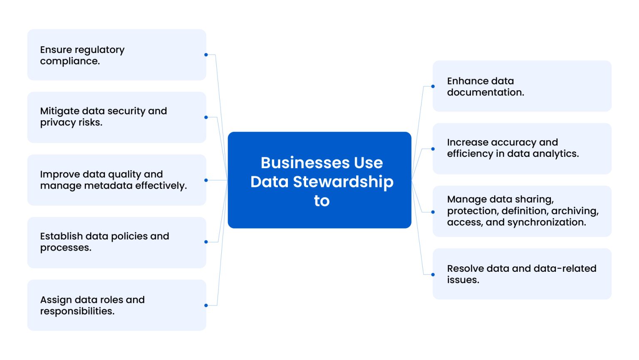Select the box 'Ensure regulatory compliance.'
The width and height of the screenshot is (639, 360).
[x=116, y=55]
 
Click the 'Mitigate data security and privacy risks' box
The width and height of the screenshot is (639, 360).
[x=116, y=117]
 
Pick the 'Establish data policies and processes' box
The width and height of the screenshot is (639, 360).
[x=116, y=242]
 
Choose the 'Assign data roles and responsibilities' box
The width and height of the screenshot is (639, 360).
[x=116, y=305]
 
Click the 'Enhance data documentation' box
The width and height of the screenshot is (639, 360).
[x=522, y=86]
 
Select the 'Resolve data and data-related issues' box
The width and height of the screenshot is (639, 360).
[x=522, y=274]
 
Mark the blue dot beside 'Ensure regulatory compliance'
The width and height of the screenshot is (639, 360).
[x=206, y=55]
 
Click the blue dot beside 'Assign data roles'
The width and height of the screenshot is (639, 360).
[x=206, y=305]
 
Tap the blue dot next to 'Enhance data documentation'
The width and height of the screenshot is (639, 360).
[x=433, y=87]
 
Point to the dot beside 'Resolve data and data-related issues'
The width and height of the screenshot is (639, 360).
[x=433, y=275]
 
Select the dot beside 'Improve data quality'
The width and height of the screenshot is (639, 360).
[x=206, y=180]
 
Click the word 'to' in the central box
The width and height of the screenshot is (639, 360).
[x=322, y=201]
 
